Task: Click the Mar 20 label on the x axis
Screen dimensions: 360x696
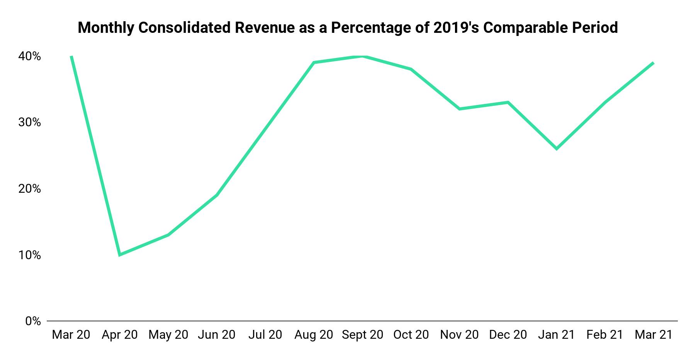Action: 71,335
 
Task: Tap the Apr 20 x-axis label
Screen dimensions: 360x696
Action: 120,335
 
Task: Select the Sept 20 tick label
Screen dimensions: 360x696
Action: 362,335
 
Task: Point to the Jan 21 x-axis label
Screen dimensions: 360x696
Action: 557,335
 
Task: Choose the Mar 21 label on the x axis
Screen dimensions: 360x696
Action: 654,335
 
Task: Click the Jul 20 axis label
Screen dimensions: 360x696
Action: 265,335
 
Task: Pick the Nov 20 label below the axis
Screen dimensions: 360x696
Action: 459,335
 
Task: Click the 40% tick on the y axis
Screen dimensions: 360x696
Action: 29,56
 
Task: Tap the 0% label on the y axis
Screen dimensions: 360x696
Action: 33,321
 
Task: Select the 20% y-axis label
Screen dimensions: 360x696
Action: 29,189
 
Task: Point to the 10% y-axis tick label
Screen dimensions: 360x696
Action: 29,255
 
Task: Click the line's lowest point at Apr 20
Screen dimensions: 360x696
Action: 120,255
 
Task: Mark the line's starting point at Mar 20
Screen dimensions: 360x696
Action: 71,57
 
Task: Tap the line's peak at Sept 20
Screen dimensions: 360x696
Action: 362,56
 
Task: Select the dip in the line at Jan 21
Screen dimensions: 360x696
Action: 557,149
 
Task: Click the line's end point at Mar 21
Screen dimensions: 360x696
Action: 653,63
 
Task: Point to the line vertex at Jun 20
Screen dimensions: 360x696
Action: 217,195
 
